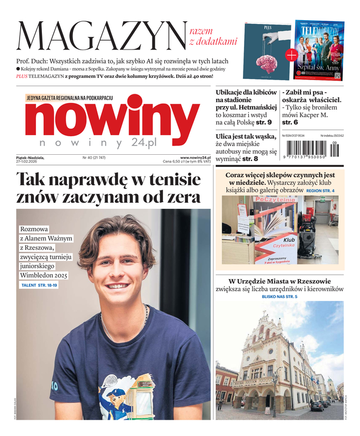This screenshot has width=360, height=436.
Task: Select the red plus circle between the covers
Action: pos(292,55)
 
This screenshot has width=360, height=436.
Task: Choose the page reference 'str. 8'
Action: pos(251,159)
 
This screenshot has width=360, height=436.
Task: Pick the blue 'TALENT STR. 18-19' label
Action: pos(39,285)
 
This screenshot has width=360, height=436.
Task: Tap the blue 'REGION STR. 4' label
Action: pos(320,191)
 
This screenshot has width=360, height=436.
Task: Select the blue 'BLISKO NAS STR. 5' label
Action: pos(279,296)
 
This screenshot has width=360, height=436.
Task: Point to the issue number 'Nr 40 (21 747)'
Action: pos(94,158)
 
